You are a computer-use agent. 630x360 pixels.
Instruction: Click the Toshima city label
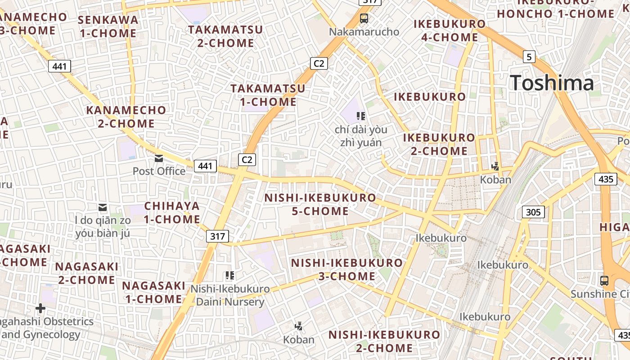[552, 83]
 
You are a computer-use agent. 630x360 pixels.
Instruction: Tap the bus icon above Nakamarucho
[364, 18]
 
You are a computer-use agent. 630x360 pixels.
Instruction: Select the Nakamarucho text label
[364, 32]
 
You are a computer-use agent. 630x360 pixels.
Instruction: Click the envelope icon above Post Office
[159, 158]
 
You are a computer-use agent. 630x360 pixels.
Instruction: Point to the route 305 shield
[533, 212]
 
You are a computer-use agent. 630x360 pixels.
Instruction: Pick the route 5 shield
[529, 57]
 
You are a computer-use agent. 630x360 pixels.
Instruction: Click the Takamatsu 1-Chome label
[268, 95]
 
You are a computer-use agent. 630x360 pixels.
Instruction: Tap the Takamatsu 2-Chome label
[225, 36]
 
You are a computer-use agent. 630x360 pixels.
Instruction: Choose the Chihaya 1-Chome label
[172, 213]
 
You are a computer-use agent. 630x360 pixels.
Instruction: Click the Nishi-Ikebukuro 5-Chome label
[320, 204]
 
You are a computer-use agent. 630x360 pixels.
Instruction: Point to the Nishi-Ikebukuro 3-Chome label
[347, 269]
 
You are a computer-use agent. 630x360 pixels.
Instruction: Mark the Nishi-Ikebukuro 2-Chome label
[384, 341]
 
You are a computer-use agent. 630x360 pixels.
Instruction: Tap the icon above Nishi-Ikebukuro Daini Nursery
[230, 275]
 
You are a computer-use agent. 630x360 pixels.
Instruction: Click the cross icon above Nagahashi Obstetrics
[40, 308]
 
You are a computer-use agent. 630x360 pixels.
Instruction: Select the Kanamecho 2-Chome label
[126, 117]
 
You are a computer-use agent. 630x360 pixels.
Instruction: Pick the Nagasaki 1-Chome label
[153, 292]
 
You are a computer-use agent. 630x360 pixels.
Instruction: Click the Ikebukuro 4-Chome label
[450, 30]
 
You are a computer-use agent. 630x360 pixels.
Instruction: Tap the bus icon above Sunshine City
[604, 281]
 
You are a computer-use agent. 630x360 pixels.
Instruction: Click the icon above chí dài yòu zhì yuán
[360, 117]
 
